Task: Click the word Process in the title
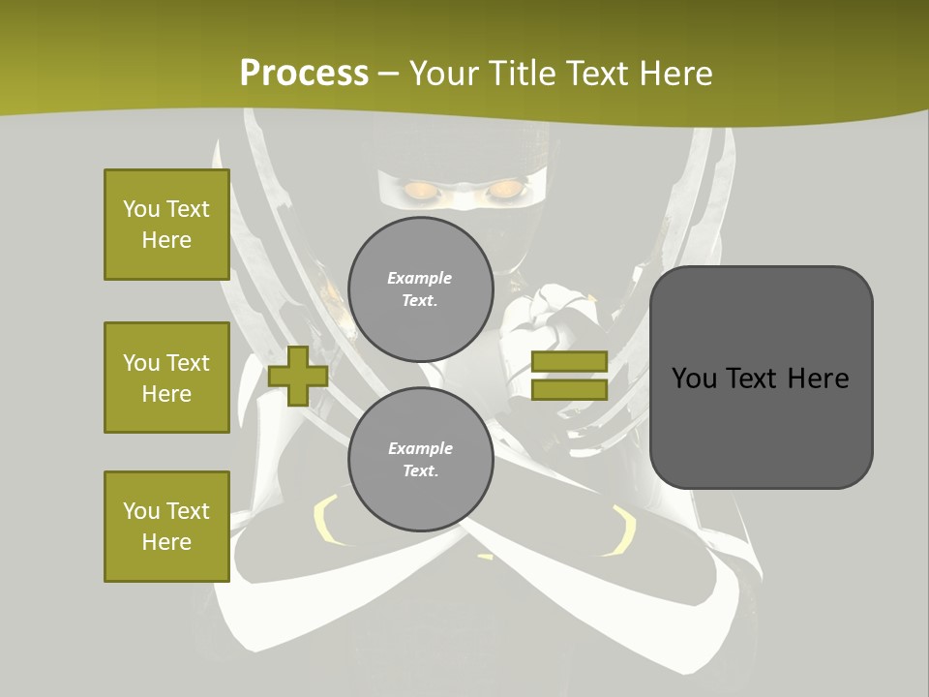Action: point(304,74)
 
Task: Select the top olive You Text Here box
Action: point(166,225)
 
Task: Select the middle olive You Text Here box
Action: point(166,378)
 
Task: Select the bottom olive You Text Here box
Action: point(166,527)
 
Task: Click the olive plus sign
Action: point(298,376)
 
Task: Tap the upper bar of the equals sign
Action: point(569,361)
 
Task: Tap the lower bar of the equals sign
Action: point(569,389)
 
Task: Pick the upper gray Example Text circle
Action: point(420,289)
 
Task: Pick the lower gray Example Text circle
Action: point(420,460)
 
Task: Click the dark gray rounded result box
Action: point(761,377)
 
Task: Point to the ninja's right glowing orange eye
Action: point(503,190)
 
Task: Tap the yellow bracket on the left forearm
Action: point(324,524)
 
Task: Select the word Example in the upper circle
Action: point(420,278)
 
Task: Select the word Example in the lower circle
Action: point(420,448)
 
